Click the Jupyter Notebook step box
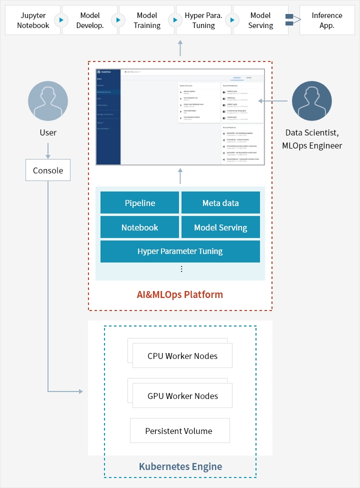pos(32,20)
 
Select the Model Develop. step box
pos(90,20)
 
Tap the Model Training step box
pos(147,20)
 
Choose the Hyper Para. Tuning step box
pos(203,20)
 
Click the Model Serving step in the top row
pos(260,20)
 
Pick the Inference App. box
pos(327,20)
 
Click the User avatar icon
pos(48,101)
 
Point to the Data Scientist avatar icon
pos(312,101)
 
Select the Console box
pos(48,170)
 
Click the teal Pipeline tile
pos(139,203)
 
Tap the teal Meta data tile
pos(220,203)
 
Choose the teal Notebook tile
pos(139,227)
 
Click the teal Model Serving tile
pos(220,227)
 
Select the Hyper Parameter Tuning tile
pos(180,251)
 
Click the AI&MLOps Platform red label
pos(180,294)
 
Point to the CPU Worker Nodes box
pos(182,356)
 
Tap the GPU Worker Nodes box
pos(182,396)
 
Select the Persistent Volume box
pos(178,431)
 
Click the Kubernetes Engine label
pos(180,467)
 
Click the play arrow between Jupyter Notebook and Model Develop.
pos(61,20)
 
